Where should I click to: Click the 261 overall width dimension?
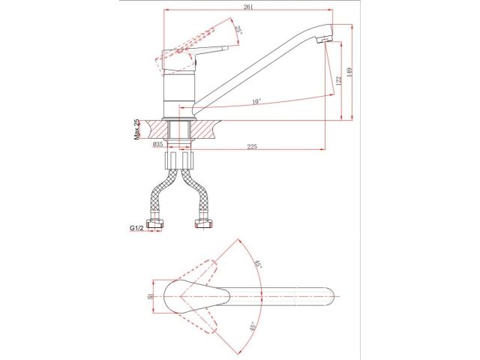[x=248, y=7]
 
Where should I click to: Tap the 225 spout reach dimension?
[x=252, y=146]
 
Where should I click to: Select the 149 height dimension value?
[x=350, y=72]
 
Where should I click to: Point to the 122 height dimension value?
[x=338, y=82]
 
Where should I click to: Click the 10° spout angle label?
[x=256, y=102]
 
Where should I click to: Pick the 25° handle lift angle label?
[x=238, y=30]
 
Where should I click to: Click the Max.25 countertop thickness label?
[x=136, y=130]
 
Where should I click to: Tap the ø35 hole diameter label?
[x=157, y=145]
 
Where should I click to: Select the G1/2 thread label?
[x=136, y=228]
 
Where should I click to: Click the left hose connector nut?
[x=155, y=223]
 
